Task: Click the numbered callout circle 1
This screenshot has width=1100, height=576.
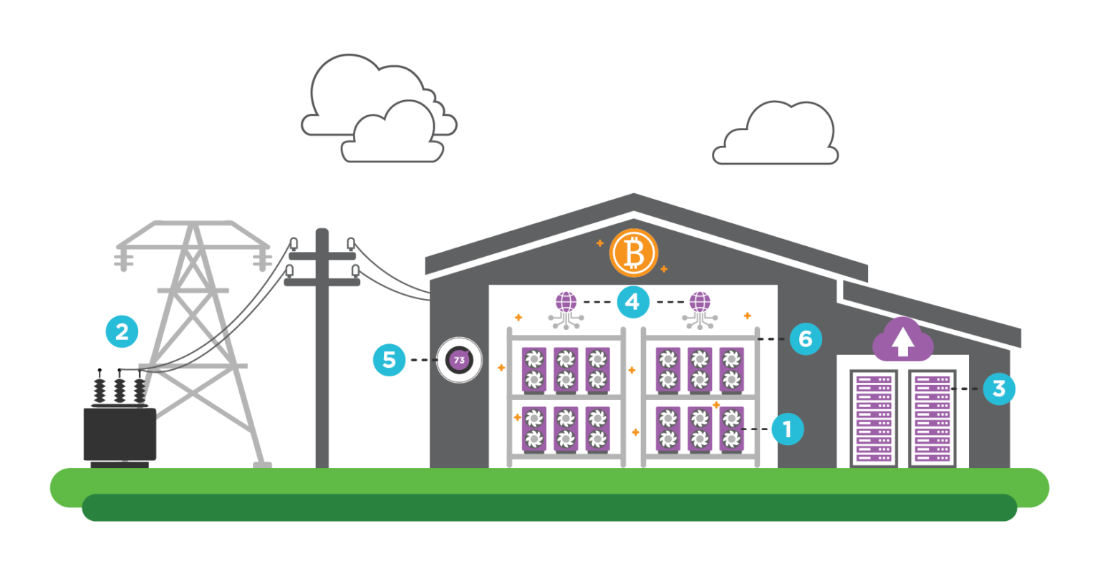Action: tap(787, 429)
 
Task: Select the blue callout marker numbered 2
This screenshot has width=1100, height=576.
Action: tap(122, 331)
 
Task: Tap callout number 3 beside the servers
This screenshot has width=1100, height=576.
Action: tap(999, 389)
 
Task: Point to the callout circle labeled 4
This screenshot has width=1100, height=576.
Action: tap(632, 302)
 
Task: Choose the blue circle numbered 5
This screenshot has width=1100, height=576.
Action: tap(389, 360)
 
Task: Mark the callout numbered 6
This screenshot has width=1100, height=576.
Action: tap(806, 338)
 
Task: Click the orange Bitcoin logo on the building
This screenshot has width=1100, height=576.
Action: tap(633, 253)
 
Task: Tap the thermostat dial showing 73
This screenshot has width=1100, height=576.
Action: tap(459, 360)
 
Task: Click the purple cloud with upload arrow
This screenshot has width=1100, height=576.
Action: tap(902, 340)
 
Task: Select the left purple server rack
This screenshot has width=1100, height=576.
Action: tap(874, 418)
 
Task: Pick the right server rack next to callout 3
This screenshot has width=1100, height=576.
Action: tap(932, 418)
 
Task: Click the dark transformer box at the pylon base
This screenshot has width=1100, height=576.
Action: tap(120, 434)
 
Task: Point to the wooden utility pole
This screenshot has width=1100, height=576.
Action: tap(322, 351)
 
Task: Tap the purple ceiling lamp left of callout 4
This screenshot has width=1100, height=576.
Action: tap(566, 303)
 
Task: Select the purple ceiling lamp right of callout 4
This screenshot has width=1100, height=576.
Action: tap(700, 303)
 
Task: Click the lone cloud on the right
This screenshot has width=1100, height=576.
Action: tap(776, 136)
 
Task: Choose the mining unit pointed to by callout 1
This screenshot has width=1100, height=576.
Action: tap(731, 429)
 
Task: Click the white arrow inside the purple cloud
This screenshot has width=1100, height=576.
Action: tap(902, 342)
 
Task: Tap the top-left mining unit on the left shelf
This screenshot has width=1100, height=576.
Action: tap(534, 369)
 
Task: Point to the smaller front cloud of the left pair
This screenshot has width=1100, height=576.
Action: tap(393, 136)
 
